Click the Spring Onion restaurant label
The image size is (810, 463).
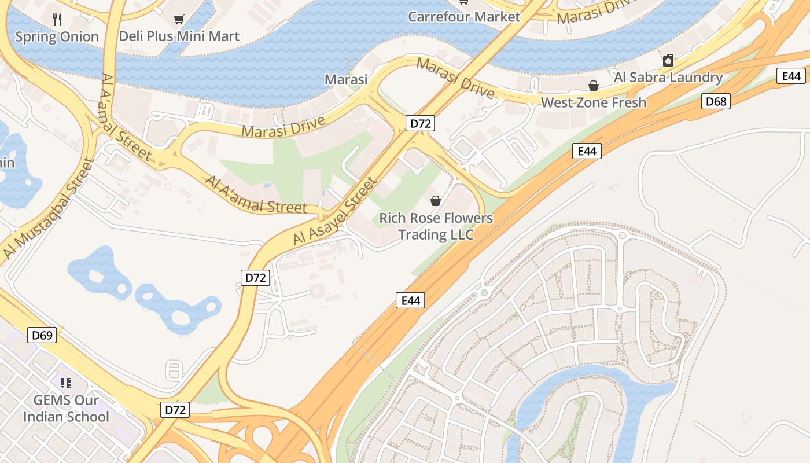(57, 37)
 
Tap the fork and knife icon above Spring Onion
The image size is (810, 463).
(57, 20)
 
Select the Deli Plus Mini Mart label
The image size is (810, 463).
(179, 36)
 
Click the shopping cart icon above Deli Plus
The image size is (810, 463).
(179, 20)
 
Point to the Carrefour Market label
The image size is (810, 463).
(464, 17)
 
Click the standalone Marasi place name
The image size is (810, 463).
(346, 80)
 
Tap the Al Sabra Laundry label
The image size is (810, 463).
(668, 78)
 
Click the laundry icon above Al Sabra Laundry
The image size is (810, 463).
(668, 60)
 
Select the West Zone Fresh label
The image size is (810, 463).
(593, 103)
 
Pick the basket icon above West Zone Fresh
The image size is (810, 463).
(594, 86)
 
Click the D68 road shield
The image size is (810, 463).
(716, 102)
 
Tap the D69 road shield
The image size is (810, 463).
(42, 335)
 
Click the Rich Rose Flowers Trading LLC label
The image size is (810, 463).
(436, 226)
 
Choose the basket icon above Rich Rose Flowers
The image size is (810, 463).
(436, 201)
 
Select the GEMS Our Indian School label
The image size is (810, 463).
(65, 408)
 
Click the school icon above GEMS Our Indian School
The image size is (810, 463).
(66, 383)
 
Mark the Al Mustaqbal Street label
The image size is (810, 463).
(47, 209)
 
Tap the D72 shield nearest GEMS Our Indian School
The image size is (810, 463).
(175, 410)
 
